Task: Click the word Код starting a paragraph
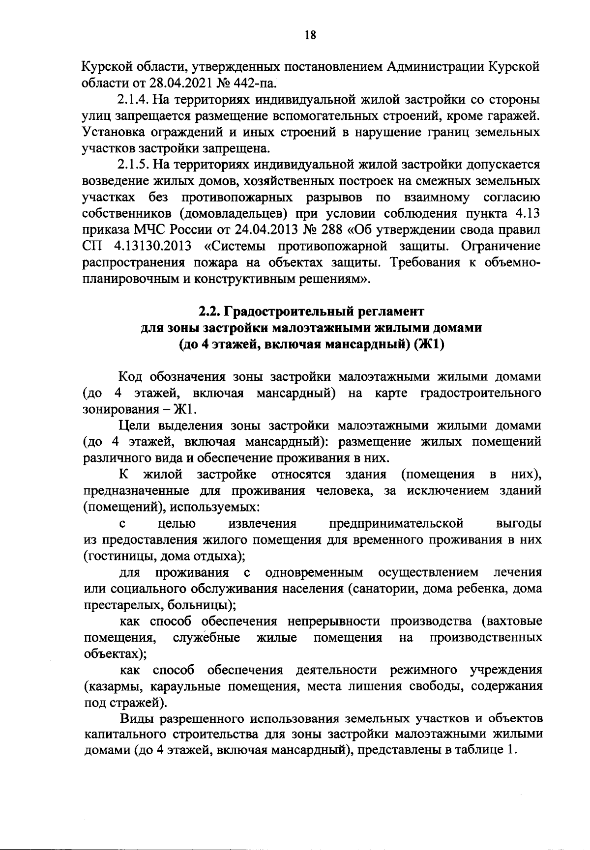click(x=131, y=377)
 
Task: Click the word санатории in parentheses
click(x=377, y=589)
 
